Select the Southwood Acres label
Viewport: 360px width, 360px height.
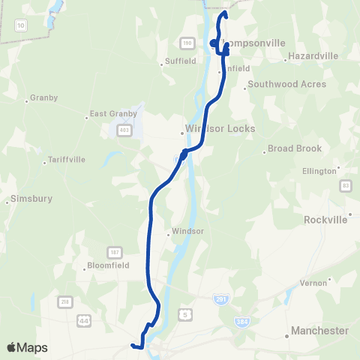[287, 84]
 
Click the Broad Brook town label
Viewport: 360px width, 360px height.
[295, 148]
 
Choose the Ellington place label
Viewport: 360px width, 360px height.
[319, 172]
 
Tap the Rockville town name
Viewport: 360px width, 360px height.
[325, 220]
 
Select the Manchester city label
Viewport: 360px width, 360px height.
[319, 331]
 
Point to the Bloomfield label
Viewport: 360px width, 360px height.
[109, 265]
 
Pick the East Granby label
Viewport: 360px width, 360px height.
[113, 114]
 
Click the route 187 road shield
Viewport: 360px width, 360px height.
[115, 250]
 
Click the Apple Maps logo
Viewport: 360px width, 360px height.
[27, 347]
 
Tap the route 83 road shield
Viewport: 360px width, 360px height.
[345, 185]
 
